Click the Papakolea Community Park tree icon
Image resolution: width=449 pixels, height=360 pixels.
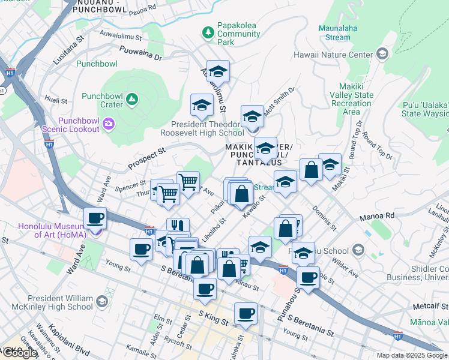(x=208, y=31)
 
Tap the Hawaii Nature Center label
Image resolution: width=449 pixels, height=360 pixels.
(x=333, y=55)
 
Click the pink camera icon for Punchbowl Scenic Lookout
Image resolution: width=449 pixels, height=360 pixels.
(x=109, y=124)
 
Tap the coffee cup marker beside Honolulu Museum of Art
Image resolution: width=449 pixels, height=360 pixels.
(x=94, y=218)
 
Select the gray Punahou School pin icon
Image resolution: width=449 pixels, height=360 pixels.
(x=358, y=250)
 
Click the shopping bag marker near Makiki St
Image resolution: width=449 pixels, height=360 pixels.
(x=312, y=170)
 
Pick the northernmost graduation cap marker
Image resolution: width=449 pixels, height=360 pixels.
(x=218, y=72)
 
